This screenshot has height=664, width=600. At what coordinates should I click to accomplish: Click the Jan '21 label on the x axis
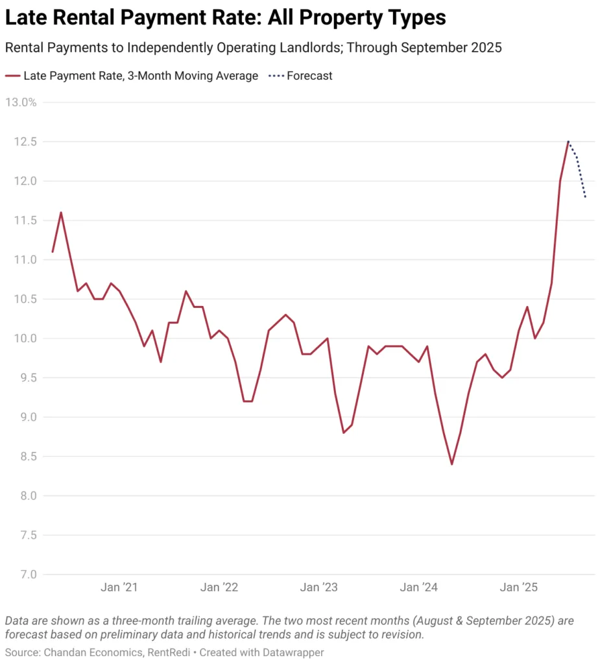click(119, 587)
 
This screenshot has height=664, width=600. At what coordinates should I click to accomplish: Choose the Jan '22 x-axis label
click(220, 587)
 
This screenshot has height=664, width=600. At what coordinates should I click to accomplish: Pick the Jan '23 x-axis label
click(320, 587)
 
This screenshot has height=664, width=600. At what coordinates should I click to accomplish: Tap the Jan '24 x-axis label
click(420, 587)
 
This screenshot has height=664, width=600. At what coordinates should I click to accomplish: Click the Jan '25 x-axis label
click(520, 587)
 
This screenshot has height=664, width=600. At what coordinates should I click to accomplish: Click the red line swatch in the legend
click(12, 76)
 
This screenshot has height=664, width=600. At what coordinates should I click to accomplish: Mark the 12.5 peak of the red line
click(568, 141)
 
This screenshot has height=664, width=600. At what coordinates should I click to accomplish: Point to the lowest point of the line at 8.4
click(451, 464)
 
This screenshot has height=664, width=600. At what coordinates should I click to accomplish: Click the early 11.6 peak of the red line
click(61, 212)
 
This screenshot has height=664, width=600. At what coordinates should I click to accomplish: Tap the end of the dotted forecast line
click(586, 197)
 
